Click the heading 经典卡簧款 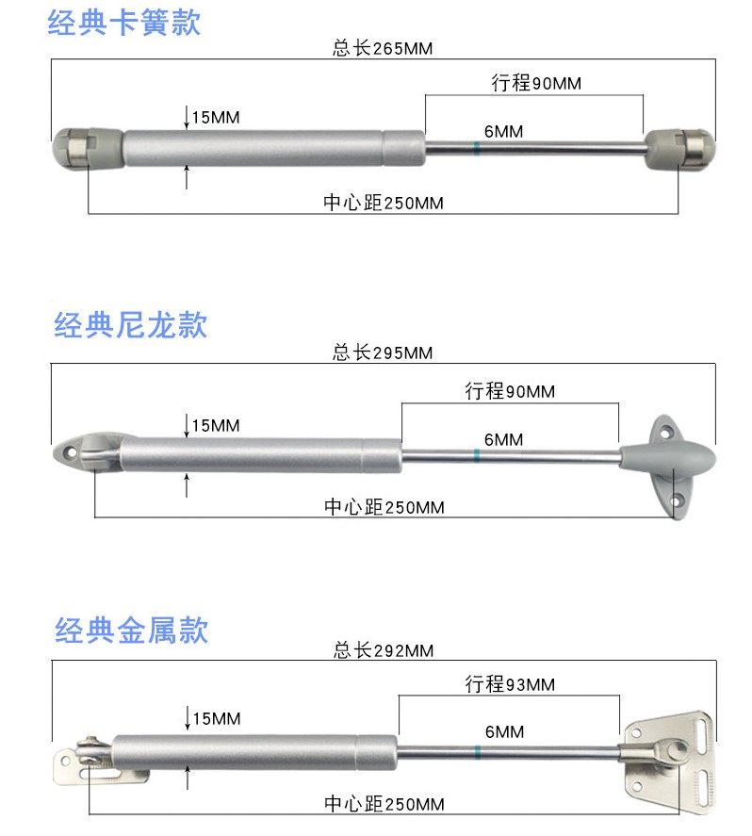(123, 23)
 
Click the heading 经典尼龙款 (130, 326)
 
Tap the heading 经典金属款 (131, 630)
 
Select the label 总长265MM (382, 49)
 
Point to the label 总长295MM (382, 353)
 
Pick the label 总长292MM (383, 651)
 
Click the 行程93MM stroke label (510, 685)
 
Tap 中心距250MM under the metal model (384, 804)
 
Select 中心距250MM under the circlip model (383, 203)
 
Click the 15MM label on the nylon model (215, 426)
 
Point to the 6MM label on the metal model (504, 732)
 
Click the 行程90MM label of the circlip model (536, 84)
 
